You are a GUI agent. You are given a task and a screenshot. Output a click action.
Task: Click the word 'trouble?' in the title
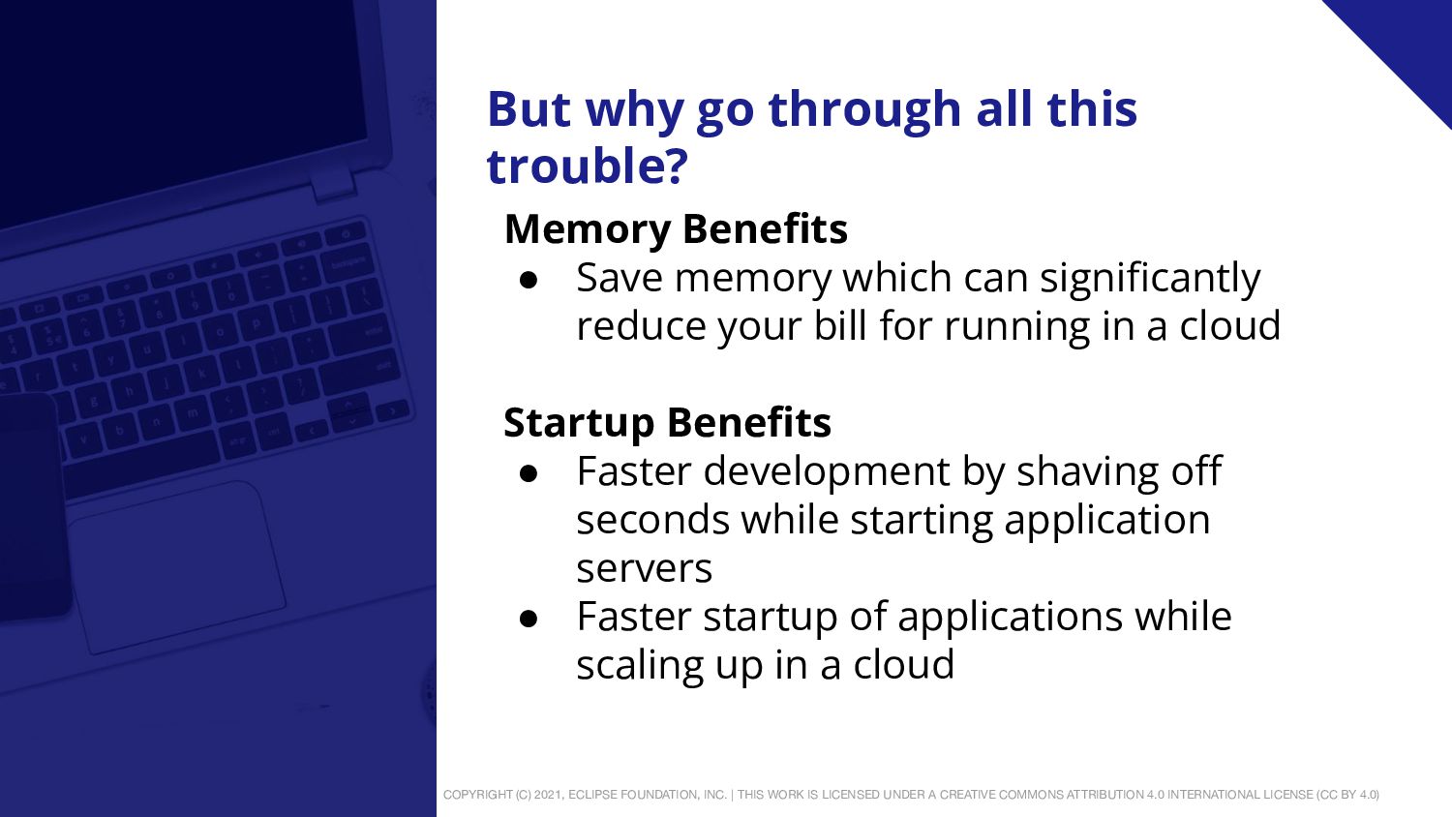point(588,166)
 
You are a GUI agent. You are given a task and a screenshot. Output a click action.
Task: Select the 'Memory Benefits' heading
point(676,228)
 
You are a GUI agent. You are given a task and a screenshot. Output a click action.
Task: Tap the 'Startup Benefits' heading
point(667,423)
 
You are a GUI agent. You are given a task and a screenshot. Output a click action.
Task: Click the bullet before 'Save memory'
point(529,280)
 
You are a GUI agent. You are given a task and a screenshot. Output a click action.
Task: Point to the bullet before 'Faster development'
point(529,473)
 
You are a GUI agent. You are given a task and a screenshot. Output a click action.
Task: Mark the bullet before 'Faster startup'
point(529,619)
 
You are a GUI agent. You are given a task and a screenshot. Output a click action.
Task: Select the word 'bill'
point(840,325)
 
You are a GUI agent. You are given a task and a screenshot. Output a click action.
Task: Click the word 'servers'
point(645,568)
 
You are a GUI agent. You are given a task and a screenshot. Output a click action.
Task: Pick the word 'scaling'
point(640,666)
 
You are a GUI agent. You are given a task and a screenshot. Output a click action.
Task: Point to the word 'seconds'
point(652,520)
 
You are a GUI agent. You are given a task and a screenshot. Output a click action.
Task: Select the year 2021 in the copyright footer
point(549,795)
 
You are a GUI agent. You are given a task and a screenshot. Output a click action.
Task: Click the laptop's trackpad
point(175,567)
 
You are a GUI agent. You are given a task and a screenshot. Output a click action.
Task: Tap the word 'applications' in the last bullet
point(1010,618)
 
